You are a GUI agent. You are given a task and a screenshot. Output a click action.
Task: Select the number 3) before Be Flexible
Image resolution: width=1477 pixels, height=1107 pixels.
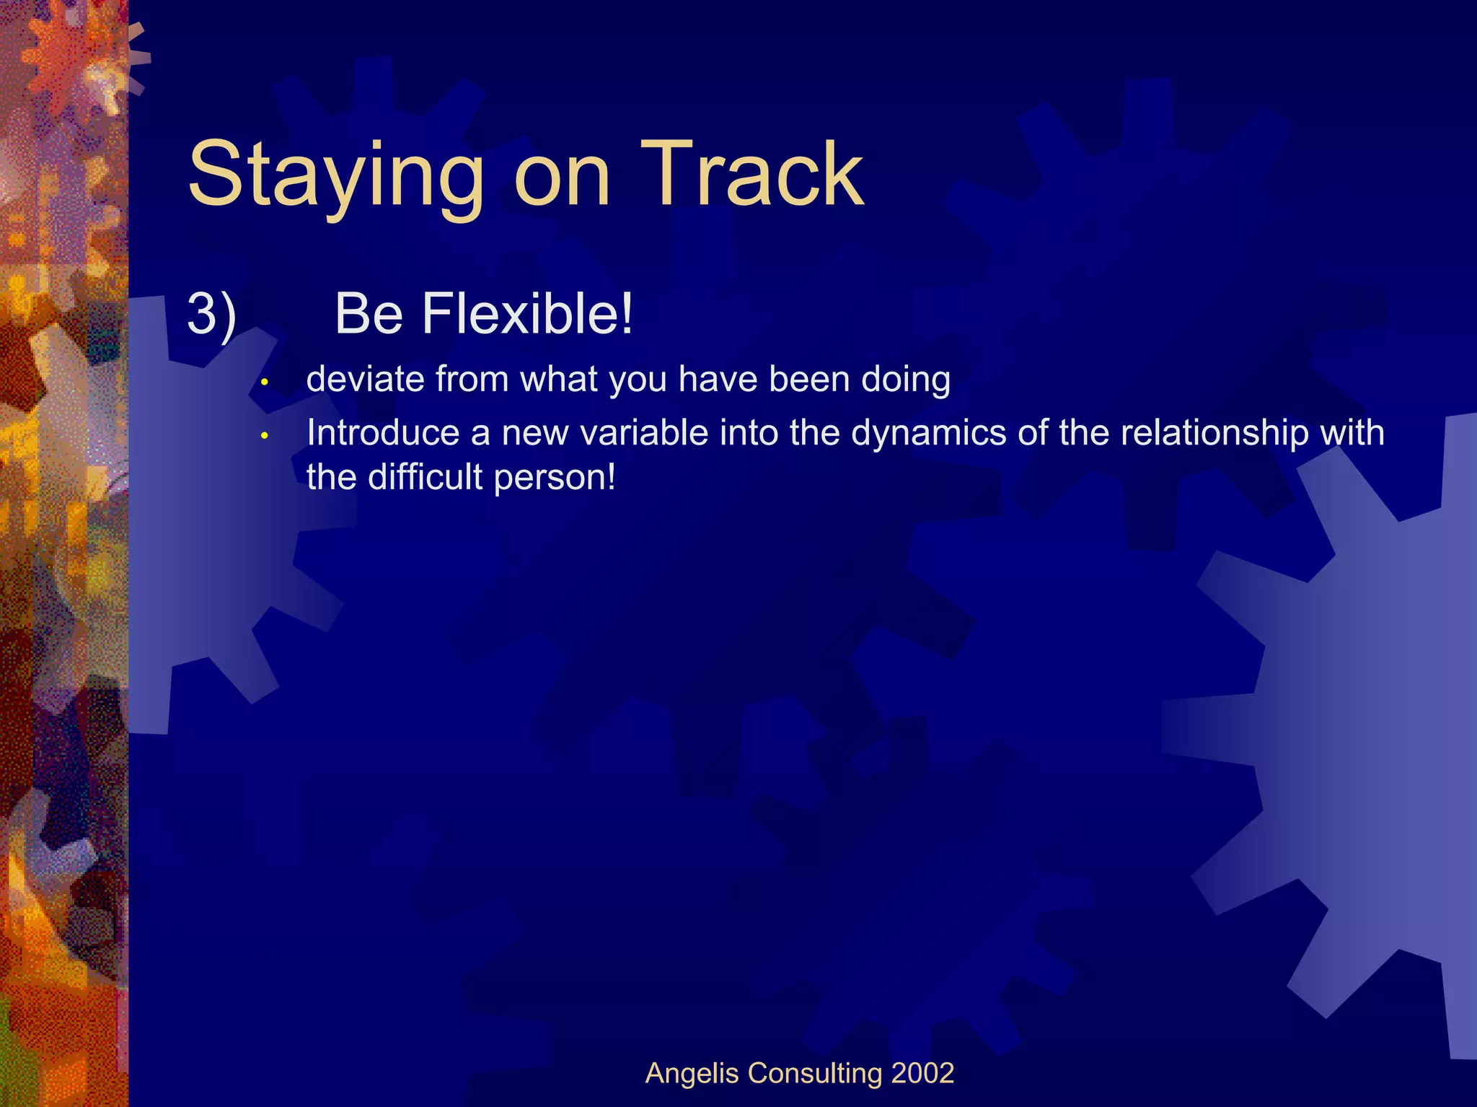[211, 314]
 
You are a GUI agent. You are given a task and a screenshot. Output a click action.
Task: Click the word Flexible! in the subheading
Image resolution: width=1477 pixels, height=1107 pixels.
[526, 314]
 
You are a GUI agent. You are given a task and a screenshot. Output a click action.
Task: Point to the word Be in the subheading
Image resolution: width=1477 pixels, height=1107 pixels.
[369, 314]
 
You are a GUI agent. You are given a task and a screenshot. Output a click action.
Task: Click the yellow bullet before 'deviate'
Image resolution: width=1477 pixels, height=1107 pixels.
[265, 381]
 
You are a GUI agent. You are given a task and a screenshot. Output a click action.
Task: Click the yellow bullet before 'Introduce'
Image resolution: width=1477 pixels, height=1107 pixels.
[265, 435]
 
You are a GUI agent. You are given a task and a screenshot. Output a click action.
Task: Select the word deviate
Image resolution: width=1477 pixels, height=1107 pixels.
[366, 379]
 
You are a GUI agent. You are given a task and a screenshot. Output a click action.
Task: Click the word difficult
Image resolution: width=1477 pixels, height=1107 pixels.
[425, 477]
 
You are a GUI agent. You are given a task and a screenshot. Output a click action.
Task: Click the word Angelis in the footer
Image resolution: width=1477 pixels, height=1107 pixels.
[692, 1073]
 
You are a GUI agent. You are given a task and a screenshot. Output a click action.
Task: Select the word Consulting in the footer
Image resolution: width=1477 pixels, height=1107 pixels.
[815, 1074]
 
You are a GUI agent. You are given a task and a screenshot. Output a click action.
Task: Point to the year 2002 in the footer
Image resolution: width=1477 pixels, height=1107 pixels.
[922, 1073]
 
